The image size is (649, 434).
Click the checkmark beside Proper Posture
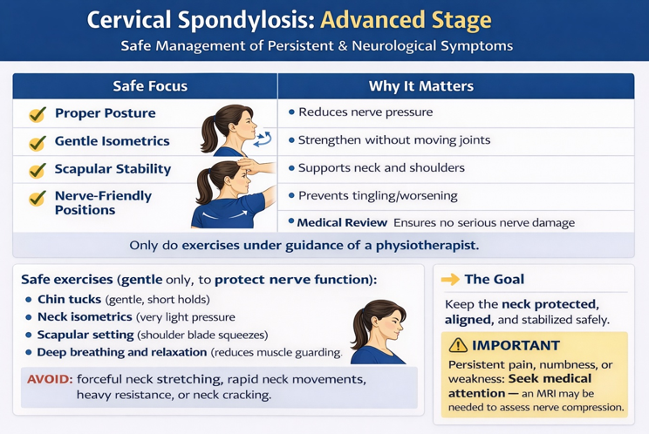point(38,114)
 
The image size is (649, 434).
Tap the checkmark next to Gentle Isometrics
point(38,142)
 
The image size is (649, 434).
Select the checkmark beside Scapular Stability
point(38,170)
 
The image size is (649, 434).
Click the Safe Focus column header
point(150,86)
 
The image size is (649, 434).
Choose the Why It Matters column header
point(420,86)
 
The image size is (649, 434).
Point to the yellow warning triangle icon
point(458,346)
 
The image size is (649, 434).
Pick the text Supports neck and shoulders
point(381,167)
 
